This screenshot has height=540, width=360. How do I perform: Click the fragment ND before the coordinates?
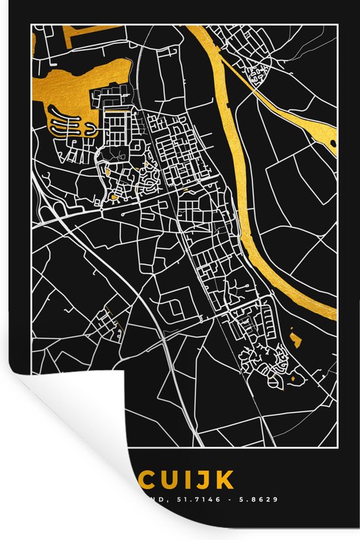[x=153, y=499]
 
